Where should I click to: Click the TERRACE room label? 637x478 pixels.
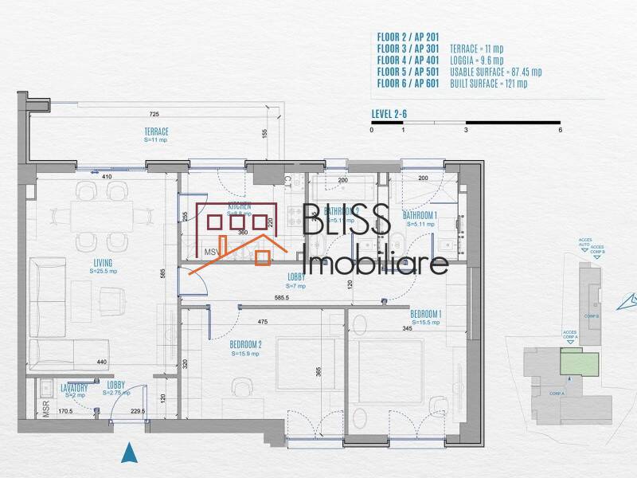[x=156, y=131]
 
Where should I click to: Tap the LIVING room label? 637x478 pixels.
[x=101, y=263]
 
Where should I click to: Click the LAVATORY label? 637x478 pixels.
[x=74, y=388]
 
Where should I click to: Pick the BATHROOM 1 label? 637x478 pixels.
[x=420, y=216]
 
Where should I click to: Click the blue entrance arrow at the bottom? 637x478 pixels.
[x=129, y=453]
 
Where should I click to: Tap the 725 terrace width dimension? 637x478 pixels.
[x=154, y=115]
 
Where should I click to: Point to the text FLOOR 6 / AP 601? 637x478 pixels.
[x=407, y=83]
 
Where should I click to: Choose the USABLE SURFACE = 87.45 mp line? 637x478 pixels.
[x=495, y=72]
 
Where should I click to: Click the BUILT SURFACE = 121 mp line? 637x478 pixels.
[x=490, y=83]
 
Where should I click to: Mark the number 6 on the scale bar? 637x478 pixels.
[x=560, y=130]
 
